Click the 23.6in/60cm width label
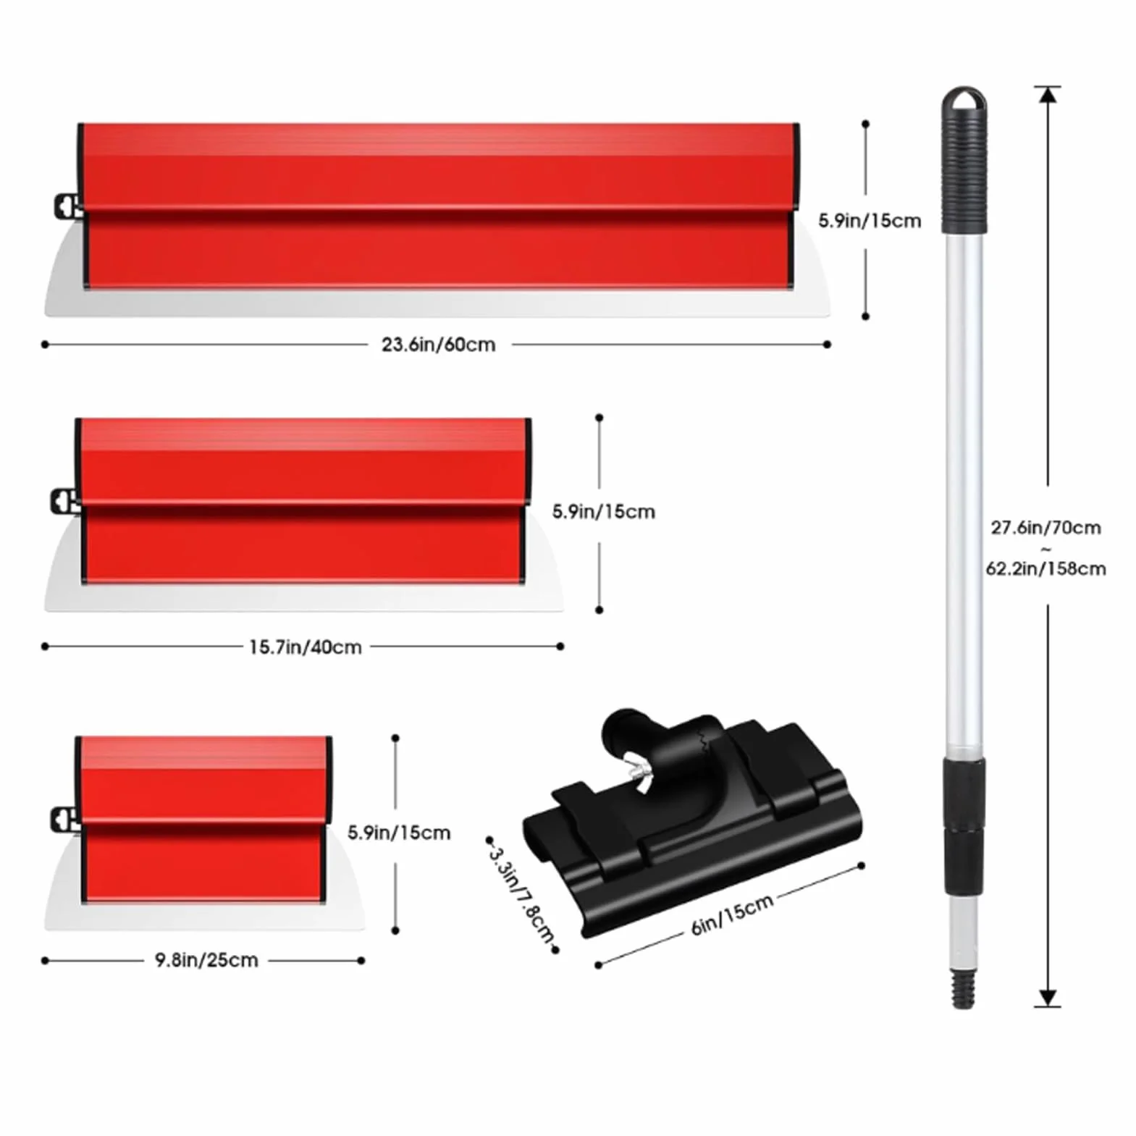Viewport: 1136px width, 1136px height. [438, 345]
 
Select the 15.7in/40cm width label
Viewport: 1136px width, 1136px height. [305, 647]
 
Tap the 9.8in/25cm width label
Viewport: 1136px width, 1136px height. [206, 960]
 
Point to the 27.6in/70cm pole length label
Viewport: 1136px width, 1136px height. [1045, 528]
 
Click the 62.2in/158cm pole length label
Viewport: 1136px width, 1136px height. [1045, 568]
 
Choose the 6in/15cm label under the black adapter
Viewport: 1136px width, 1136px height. [732, 915]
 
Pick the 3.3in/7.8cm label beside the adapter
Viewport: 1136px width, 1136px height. [521, 894]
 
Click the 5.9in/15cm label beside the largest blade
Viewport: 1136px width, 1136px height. [870, 221]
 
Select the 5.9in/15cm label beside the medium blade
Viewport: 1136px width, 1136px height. [603, 512]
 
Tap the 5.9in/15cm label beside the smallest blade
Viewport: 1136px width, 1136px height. [398, 833]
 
